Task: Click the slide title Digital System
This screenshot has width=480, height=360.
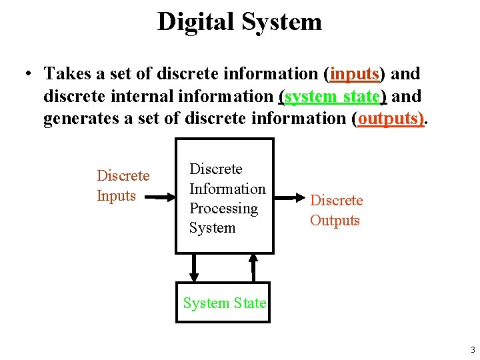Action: [239, 21]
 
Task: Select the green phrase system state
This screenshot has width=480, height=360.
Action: [332, 97]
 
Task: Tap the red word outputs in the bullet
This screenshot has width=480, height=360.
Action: [390, 119]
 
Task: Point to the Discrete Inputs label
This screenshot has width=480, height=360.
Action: [123, 185]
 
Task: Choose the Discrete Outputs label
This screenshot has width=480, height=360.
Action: [336, 210]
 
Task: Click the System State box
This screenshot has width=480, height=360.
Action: [224, 303]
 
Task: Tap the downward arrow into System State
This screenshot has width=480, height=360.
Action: [194, 267]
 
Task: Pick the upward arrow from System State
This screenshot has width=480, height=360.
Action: [253, 267]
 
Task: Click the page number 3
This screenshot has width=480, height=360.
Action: [472, 350]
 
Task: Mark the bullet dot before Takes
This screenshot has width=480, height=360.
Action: [31, 74]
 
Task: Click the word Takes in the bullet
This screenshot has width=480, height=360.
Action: [65, 74]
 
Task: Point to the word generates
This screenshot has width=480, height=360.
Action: [75, 119]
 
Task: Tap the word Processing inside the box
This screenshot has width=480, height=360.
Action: [223, 208]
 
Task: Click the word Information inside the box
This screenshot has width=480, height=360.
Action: [227, 189]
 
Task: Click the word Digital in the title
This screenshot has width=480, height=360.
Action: [197, 21]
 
